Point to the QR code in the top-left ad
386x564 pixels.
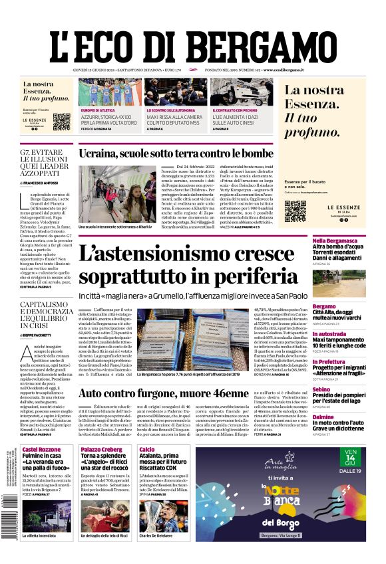tap(61, 122)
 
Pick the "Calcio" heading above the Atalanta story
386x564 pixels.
tap(147, 450)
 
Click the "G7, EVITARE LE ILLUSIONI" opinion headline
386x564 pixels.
tap(47, 161)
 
